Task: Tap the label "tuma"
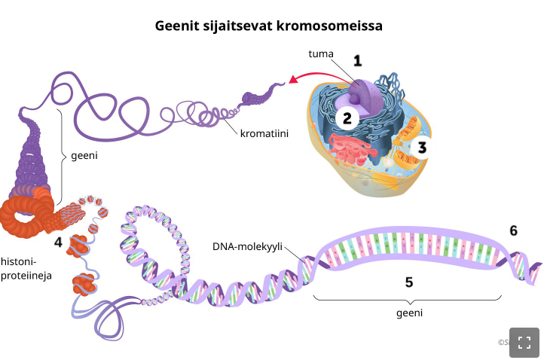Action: click(320, 54)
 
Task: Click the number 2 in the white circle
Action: click(347, 117)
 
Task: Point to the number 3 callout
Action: click(423, 147)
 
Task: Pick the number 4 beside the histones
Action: click(59, 242)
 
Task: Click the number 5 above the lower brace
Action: click(409, 282)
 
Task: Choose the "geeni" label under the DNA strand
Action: click(409, 311)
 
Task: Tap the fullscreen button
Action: click(524, 342)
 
